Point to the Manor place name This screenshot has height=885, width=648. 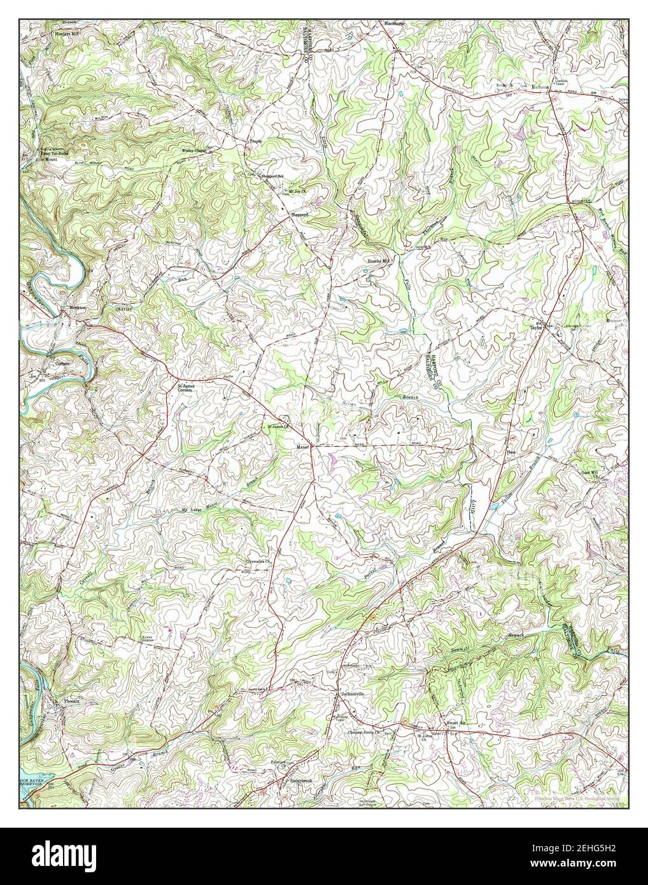point(302,447)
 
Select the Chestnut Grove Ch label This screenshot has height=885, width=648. point(363,733)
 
